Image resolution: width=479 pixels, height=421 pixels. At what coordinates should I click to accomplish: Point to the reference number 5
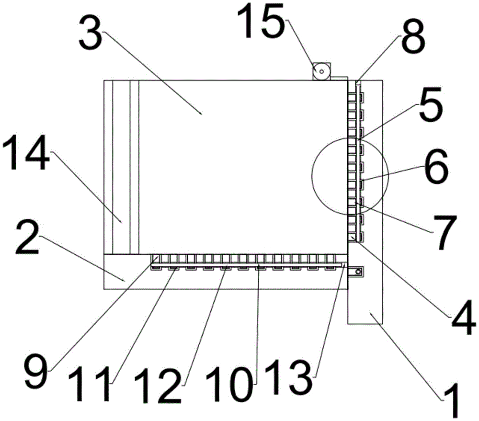[431, 104]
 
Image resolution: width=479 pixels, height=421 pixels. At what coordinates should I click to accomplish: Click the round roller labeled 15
[321, 71]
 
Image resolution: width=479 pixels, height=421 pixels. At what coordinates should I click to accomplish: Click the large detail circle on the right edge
[312, 176]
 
